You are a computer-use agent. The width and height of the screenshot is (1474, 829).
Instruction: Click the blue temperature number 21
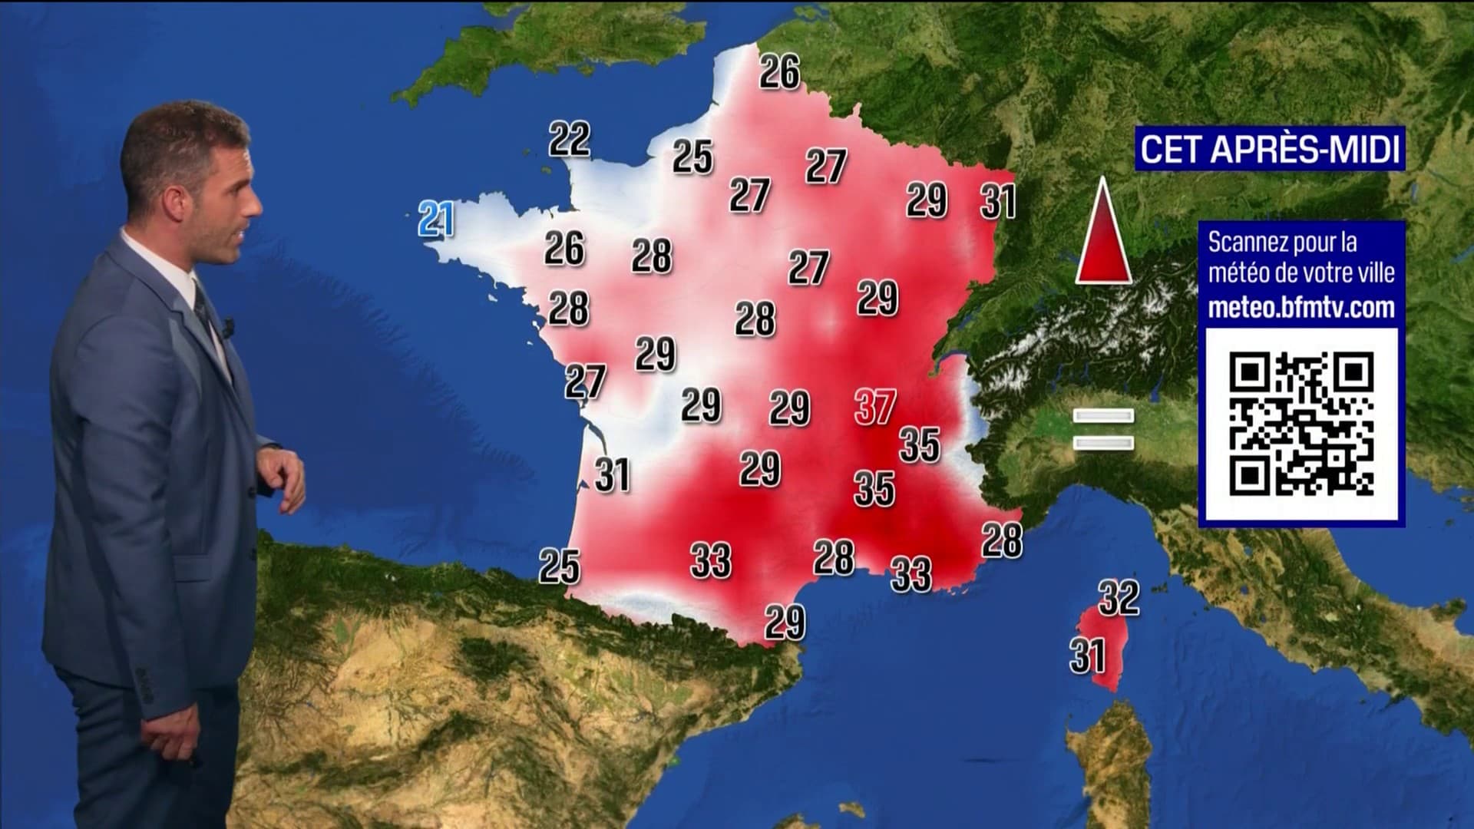(436, 220)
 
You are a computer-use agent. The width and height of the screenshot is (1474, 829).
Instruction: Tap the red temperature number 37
(875, 407)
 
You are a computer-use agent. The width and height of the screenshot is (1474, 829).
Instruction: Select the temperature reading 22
(570, 139)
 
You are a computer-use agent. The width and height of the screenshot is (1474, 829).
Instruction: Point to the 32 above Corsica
(1119, 598)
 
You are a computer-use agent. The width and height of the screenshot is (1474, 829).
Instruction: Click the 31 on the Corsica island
(1088, 656)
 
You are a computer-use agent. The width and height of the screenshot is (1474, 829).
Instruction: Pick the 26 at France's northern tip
(780, 72)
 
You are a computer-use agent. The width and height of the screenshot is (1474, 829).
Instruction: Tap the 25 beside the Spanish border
(560, 566)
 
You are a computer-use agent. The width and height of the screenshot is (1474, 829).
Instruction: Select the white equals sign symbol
(1103, 429)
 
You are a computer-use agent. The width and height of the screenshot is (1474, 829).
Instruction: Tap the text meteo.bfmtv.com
(1301, 308)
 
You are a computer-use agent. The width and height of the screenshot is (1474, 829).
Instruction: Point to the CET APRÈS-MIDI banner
(1270, 149)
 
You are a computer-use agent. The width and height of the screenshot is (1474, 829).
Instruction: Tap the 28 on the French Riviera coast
(1002, 540)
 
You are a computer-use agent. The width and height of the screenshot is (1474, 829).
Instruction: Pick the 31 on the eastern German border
(998, 201)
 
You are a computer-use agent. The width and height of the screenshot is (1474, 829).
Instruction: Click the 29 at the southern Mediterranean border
(785, 622)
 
